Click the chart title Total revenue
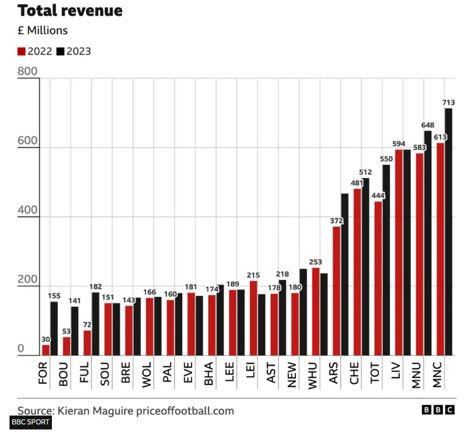point(70,11)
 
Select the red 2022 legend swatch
point(22,51)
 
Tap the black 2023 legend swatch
point(61,51)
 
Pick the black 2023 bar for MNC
point(448,232)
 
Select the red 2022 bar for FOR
point(46,350)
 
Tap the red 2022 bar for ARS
point(336,291)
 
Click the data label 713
point(449,102)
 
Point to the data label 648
point(428,125)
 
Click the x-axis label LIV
point(396,371)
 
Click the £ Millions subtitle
point(42,30)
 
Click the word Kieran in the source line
point(75,410)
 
